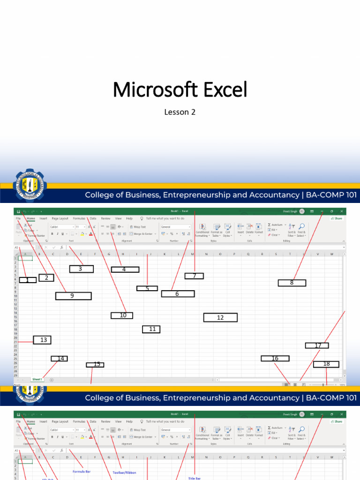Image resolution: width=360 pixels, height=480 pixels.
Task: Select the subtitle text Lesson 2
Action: point(180,112)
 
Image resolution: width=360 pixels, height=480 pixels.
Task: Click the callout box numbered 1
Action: point(28,280)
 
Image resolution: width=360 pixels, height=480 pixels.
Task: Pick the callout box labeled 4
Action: point(125,270)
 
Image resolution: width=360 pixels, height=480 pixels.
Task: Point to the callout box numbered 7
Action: point(194,276)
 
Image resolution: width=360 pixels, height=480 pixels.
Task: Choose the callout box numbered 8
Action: point(292,283)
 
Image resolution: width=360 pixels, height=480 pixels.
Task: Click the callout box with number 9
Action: point(73,296)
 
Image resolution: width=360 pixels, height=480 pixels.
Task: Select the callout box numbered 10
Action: point(122,315)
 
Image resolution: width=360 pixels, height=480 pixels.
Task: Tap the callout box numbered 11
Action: point(152,329)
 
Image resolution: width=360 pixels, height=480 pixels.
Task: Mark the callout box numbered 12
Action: point(220,317)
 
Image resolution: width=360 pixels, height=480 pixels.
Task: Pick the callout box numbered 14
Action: point(60,359)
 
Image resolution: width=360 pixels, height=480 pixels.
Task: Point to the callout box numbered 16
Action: point(275,359)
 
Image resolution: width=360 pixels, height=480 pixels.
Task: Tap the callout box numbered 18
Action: point(326,364)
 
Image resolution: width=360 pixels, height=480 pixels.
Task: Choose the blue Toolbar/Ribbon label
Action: point(125,472)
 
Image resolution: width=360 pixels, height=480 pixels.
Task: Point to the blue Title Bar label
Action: point(194,479)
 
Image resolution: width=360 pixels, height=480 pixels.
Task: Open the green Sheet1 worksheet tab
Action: point(37,379)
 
